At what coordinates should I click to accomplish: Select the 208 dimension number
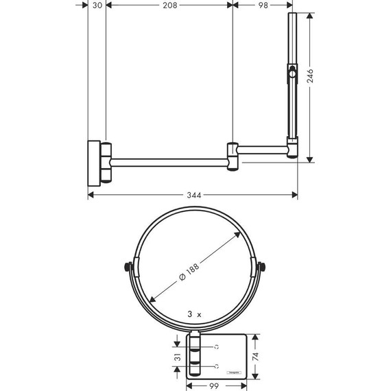[x=170, y=5]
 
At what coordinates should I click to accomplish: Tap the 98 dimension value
[x=262, y=5]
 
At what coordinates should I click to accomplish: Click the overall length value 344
[x=193, y=195]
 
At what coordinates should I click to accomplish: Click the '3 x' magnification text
[x=195, y=313]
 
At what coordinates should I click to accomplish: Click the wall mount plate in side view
[x=92, y=163]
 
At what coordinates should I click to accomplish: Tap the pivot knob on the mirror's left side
[x=127, y=268]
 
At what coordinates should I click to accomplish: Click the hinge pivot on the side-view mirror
[x=293, y=70]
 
